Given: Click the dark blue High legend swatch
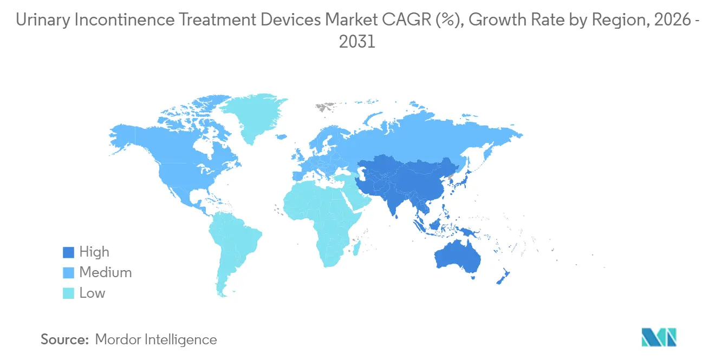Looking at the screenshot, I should (68, 252).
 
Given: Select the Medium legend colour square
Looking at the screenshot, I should (68, 273).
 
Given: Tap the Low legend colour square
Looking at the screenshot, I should (68, 293).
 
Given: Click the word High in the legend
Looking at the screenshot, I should (94, 252).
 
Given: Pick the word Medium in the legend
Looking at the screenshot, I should (105, 273).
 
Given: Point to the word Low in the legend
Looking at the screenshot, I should (92, 293).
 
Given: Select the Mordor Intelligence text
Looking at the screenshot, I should (156, 340).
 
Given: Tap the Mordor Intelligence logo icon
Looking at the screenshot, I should (659, 337).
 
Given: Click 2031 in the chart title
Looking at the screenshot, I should (357, 42).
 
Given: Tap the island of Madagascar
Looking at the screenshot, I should (357, 248).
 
